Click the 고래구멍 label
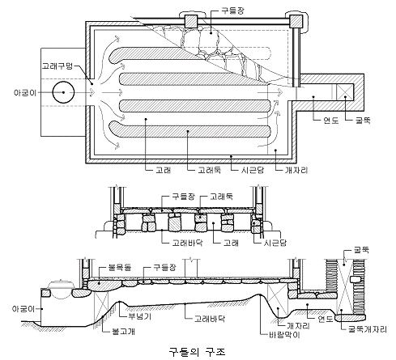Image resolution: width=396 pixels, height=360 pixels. [x=57, y=66]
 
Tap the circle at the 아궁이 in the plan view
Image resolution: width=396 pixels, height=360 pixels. [x=63, y=92]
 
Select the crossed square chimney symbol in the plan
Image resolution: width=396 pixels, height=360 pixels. [x=344, y=92]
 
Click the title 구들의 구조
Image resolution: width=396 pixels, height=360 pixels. [x=197, y=352]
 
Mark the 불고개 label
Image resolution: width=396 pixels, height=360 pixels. [x=123, y=331]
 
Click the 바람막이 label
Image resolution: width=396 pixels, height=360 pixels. [x=284, y=335]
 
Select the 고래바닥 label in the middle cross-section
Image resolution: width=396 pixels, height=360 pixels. [x=187, y=243]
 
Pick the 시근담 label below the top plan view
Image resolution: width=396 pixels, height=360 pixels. [x=253, y=170]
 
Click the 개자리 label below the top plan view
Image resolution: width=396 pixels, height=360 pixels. [x=296, y=170]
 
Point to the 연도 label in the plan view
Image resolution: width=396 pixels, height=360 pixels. [x=330, y=121]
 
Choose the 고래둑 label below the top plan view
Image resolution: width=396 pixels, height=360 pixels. [x=210, y=170]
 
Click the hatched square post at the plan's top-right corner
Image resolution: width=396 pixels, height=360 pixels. [x=296, y=21]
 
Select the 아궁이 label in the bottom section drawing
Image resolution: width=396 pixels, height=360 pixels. [x=23, y=309]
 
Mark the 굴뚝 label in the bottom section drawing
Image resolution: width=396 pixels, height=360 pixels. [x=361, y=250]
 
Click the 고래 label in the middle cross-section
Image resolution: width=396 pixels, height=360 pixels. [x=231, y=243]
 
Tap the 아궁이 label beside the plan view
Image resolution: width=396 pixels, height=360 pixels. [x=25, y=92]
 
